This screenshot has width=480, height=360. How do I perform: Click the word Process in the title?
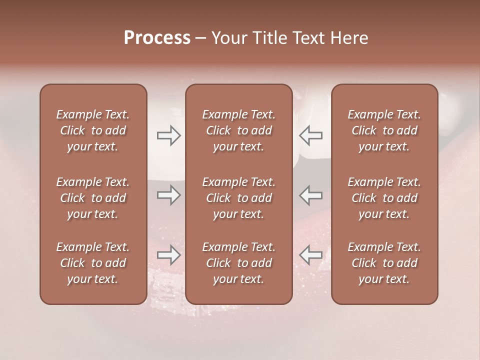tap(157, 38)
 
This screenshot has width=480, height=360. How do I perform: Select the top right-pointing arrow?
tap(168, 135)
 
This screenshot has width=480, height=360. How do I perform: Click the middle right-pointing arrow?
tap(168, 195)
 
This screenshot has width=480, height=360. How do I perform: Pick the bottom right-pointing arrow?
tap(168, 255)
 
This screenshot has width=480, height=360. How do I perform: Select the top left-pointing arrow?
tap(310, 135)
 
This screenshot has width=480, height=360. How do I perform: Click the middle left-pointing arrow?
tap(310, 195)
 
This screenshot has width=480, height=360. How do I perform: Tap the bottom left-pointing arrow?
tap(310, 255)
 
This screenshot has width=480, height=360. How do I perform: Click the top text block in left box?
tap(93, 130)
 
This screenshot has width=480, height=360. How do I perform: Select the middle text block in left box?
tap(93, 198)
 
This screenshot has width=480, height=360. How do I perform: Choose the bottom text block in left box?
tap(93, 263)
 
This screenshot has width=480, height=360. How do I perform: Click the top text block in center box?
tap(238, 130)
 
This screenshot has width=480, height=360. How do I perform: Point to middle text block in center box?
tap(238, 198)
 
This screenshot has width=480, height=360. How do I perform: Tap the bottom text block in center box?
tap(238, 263)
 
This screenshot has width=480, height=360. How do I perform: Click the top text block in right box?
tap(384, 130)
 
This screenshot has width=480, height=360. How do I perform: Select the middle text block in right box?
tap(384, 198)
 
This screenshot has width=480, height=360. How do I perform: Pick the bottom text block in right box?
tap(384, 263)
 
